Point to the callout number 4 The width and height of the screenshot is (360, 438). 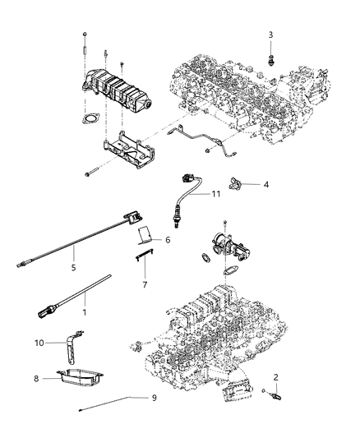[x=265, y=185]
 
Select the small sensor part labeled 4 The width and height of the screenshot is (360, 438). [x=238, y=182]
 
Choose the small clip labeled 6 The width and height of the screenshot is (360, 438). [x=145, y=236]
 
